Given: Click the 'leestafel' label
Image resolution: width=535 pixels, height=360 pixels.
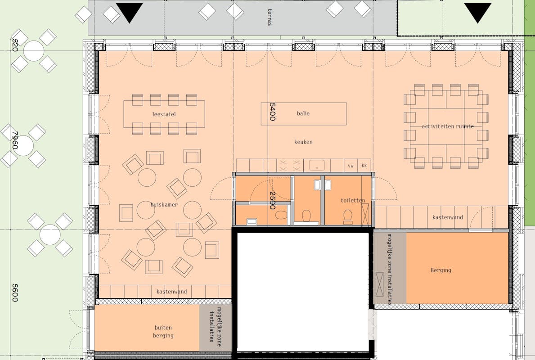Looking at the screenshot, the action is pos(164,114).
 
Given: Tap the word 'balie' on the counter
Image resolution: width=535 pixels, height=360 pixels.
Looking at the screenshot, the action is pos(303,113).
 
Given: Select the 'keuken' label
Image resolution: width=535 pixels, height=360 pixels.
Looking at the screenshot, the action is pos(303,142).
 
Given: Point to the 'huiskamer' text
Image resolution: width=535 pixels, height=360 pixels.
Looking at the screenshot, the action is pos(164,205).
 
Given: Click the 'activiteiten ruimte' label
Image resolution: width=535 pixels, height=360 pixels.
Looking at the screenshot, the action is pos(448,126).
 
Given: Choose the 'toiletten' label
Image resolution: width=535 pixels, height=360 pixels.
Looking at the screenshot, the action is pos(353,200).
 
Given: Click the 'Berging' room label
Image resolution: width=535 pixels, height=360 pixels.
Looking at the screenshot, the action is pos(441,270).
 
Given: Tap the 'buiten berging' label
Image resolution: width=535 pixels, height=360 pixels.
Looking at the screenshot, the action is pos(163,331).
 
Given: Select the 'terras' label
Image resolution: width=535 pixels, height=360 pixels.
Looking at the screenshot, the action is pos(270,17).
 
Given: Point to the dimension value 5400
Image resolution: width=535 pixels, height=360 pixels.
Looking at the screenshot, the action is pos(272,112).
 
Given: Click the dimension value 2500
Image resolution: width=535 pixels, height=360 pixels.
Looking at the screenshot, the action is pos(272,200).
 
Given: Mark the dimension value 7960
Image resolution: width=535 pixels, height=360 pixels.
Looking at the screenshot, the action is pos(15,140).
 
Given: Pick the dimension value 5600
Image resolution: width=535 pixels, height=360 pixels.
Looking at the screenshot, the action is pos(15,292).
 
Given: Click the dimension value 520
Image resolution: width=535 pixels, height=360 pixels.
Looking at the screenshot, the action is pos(15,45).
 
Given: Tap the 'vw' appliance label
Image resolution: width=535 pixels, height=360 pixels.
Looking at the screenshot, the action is pos(351,166).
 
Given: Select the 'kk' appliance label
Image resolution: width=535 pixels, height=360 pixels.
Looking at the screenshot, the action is pos(364,166).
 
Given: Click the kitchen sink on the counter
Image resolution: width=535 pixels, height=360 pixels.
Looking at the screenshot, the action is pos(317,166).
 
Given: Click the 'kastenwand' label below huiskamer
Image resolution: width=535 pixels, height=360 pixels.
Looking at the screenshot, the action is pos(171,292).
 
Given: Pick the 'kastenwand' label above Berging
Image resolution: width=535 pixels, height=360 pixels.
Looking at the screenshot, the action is pos(448,217).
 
